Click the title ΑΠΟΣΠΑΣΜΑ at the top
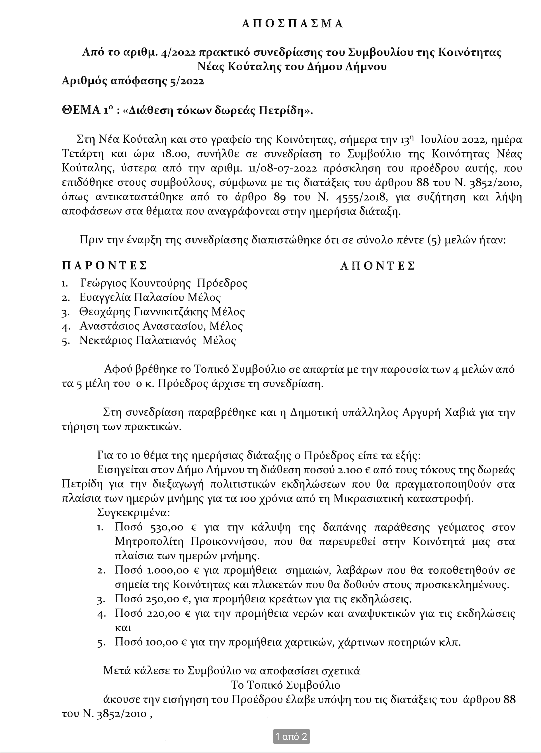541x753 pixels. point(292,24)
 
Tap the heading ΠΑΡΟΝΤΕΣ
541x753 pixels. point(104,266)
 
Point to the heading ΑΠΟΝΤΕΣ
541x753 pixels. point(378,266)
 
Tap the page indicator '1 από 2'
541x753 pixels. point(291,736)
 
